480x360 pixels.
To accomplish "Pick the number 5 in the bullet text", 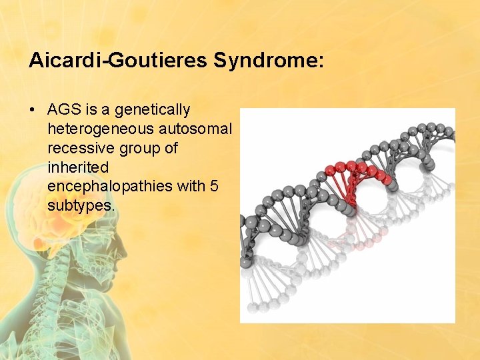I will pyautogui.click(x=213, y=187).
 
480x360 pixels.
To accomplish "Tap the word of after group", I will pyautogui.click(x=171, y=148).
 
